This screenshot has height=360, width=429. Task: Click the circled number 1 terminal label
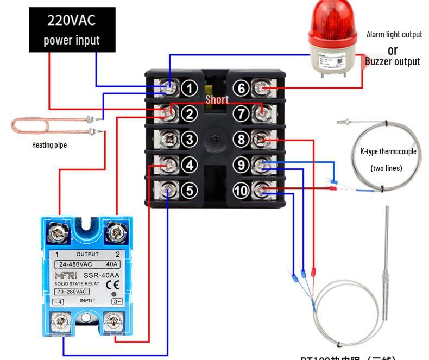(188, 88)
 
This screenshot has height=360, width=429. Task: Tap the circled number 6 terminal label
(242, 88)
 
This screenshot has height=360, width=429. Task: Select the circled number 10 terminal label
(241, 190)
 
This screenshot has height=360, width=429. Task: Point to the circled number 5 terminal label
(188, 190)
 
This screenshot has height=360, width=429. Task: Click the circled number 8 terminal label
(242, 139)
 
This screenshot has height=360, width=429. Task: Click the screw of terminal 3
(170, 139)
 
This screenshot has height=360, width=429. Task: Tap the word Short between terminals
(217, 99)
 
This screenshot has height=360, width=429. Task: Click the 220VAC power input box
(72, 30)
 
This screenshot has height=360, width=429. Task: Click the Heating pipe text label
(49, 145)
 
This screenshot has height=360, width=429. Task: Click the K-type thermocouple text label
(388, 151)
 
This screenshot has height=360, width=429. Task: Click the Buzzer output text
(392, 61)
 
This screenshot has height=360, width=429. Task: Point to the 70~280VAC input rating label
(71, 292)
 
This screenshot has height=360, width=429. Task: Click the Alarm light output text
(394, 34)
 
